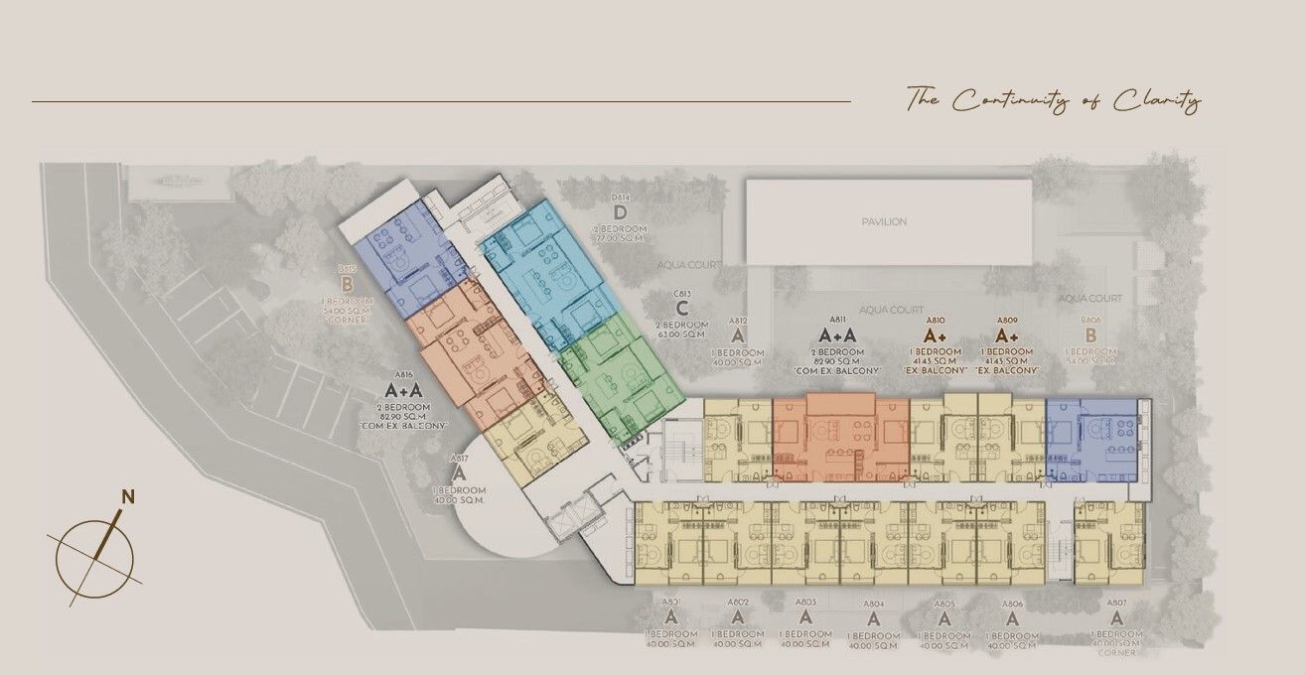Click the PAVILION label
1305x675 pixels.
(x=884, y=221)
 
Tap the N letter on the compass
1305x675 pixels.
(x=127, y=496)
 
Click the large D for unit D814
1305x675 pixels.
(x=620, y=212)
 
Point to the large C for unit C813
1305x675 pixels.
(x=681, y=308)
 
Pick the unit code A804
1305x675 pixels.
(x=873, y=604)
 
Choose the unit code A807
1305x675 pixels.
(x=1116, y=603)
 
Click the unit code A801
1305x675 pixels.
(x=670, y=603)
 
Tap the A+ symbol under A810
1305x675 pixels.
(x=935, y=336)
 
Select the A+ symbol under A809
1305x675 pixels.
(x=1006, y=336)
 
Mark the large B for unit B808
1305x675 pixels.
(x=1090, y=336)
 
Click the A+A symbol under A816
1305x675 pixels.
(x=403, y=390)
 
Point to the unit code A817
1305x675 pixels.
(x=458, y=460)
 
